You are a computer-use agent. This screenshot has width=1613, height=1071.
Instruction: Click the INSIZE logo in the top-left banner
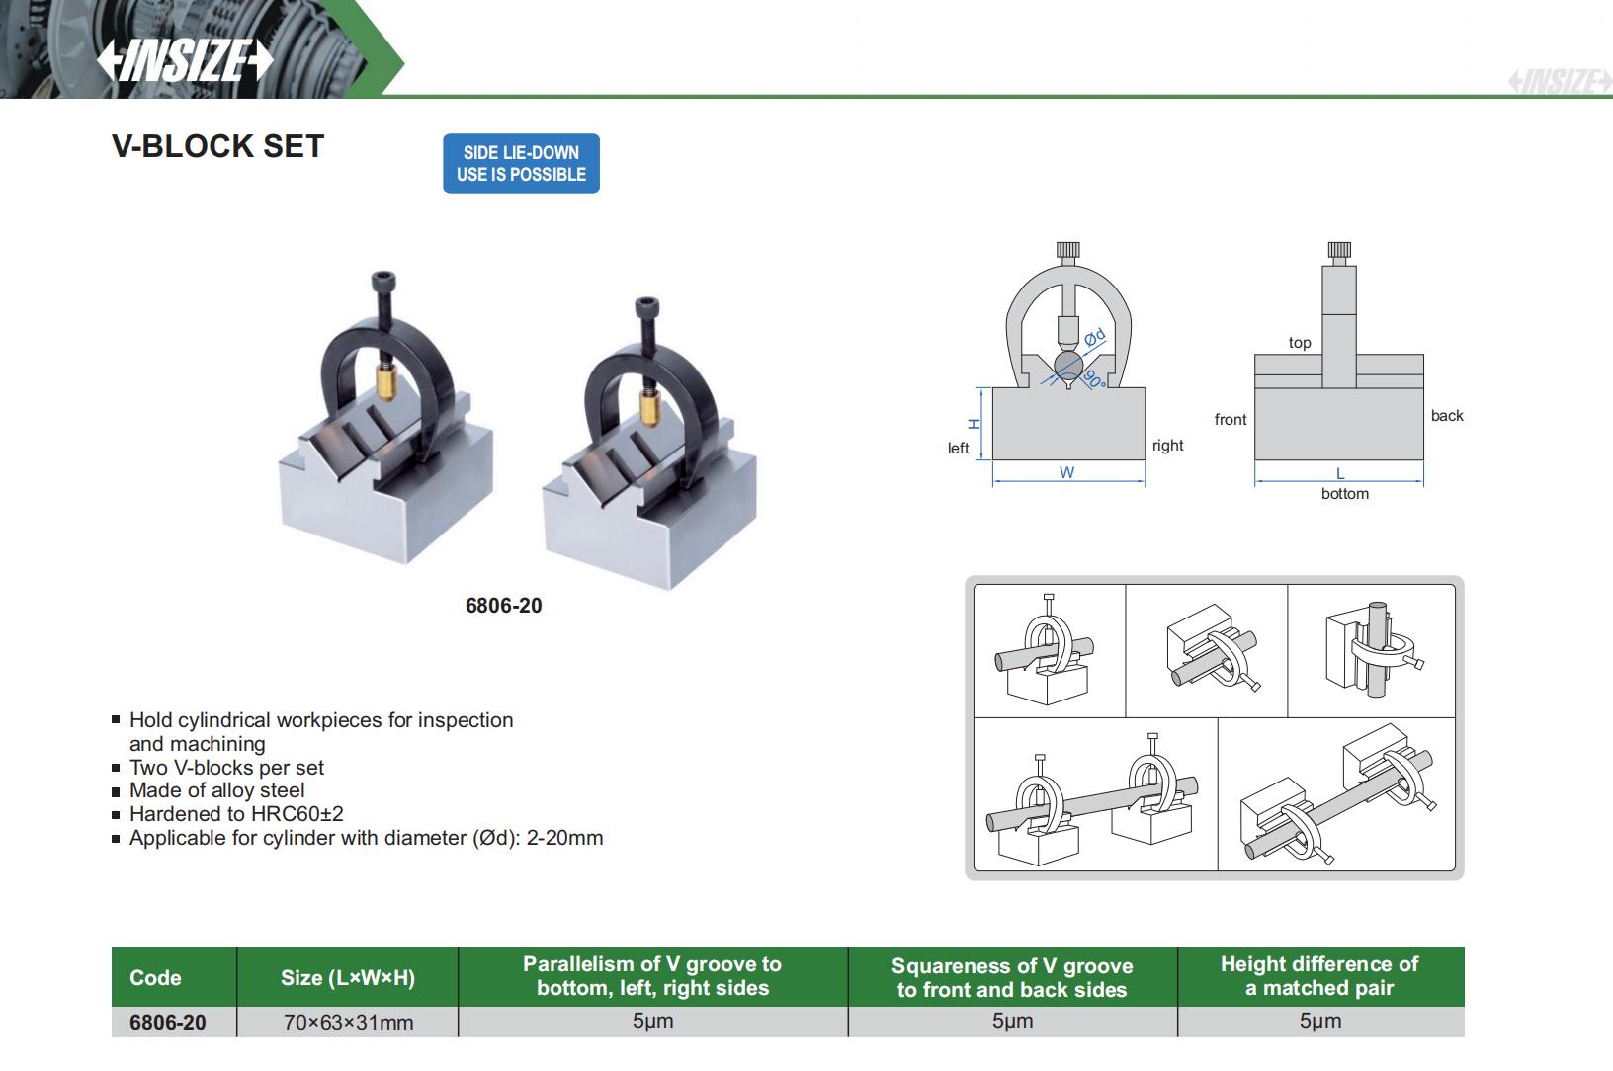[x=184, y=61]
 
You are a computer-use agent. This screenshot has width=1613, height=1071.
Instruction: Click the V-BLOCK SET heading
[x=217, y=146]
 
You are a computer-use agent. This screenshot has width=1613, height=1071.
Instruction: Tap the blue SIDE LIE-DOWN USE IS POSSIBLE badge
[x=521, y=163]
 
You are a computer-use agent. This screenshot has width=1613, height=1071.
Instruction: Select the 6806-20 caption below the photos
[x=503, y=606]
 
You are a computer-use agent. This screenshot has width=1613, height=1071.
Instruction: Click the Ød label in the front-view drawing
[x=1094, y=338]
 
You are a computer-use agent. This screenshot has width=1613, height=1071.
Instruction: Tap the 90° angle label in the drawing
[x=1093, y=378]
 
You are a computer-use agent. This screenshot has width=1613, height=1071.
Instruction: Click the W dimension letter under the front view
[x=1066, y=473]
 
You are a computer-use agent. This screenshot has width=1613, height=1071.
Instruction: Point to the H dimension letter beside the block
[x=973, y=423]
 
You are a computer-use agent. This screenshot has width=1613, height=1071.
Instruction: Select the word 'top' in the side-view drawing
[x=1299, y=343]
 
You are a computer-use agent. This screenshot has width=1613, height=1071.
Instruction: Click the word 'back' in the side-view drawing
[x=1446, y=416]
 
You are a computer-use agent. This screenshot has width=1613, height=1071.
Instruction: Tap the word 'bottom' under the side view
[x=1344, y=494]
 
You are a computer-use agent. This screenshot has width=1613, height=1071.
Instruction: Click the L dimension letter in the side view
[x=1340, y=474]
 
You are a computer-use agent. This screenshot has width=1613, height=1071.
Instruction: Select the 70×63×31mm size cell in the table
[x=348, y=1023]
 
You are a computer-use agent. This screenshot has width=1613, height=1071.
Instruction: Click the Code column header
[x=155, y=977]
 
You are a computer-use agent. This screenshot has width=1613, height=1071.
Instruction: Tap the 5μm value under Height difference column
[x=1319, y=1022]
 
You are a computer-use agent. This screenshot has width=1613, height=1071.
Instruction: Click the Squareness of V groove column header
[x=1011, y=977]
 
